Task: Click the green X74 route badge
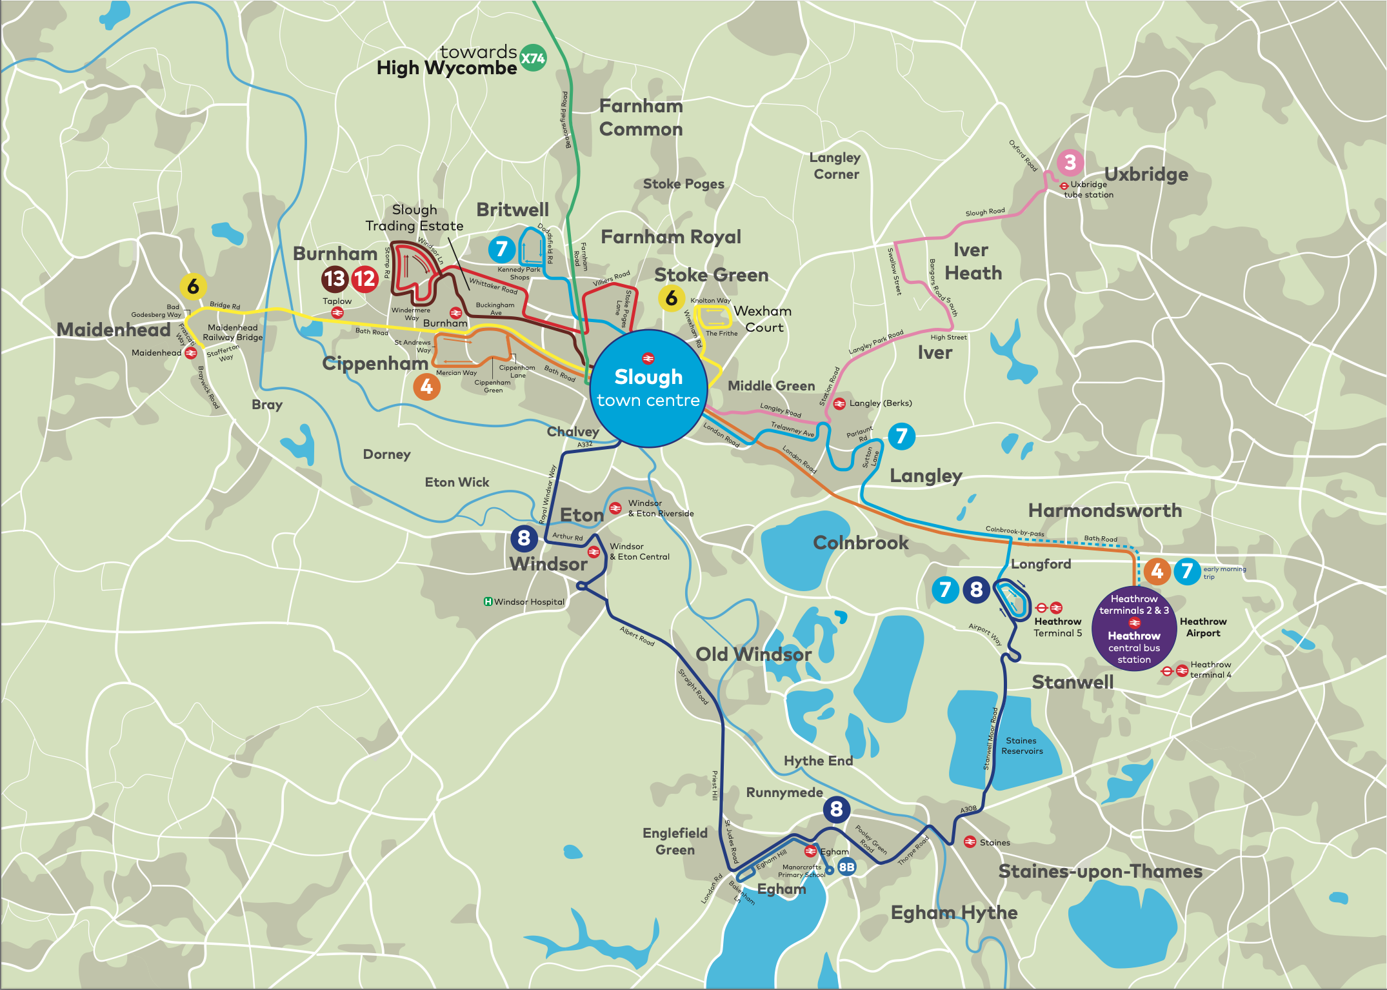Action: point(533,59)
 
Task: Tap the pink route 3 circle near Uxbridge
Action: point(1070,162)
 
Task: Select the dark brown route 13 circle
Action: point(335,279)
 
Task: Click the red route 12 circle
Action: point(364,279)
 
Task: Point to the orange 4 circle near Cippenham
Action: point(426,387)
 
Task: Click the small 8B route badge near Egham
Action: point(846,867)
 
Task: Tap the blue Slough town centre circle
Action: point(648,388)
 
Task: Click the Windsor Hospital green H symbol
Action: point(488,601)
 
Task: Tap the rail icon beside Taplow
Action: point(337,312)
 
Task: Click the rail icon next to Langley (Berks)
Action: point(839,403)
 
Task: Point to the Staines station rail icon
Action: point(969,842)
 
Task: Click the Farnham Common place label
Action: point(641,117)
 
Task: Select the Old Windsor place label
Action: point(753,654)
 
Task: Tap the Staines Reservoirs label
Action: point(1022,745)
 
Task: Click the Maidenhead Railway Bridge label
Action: point(232,332)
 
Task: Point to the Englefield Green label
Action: point(675,841)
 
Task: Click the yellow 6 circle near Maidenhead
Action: point(193,286)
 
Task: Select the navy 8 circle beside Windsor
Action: point(524,538)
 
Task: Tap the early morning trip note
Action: point(1224,572)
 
